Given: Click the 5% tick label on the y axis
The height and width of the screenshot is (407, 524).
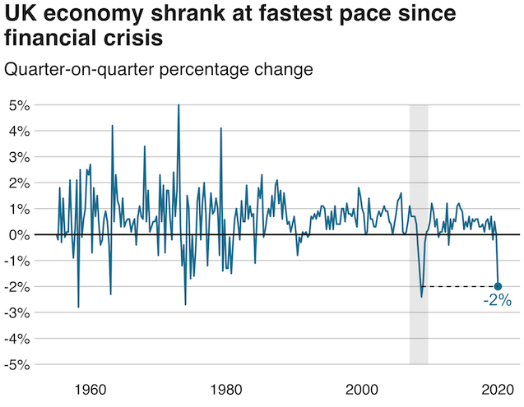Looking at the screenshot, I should coord(20,105).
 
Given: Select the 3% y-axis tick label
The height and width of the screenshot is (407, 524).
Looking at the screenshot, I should coord(20,157).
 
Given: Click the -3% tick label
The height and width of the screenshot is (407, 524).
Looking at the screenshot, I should coord(18,312).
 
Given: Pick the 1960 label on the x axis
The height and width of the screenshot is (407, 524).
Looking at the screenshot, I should coord(89,389).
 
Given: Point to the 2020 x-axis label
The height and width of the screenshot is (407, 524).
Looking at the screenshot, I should coord(498,389).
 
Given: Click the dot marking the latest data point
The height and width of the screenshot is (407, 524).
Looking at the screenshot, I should coord(498,286).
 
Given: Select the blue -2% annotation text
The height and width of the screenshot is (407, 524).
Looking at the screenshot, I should coord(497,302).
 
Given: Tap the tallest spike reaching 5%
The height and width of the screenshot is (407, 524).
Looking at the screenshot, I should coord(179,106).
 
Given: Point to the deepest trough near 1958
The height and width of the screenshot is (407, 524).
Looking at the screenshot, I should coord(78,307).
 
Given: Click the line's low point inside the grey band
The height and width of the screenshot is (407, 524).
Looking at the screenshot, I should coord(421,296).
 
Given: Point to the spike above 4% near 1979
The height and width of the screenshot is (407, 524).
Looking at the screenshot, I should coord(221,129).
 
